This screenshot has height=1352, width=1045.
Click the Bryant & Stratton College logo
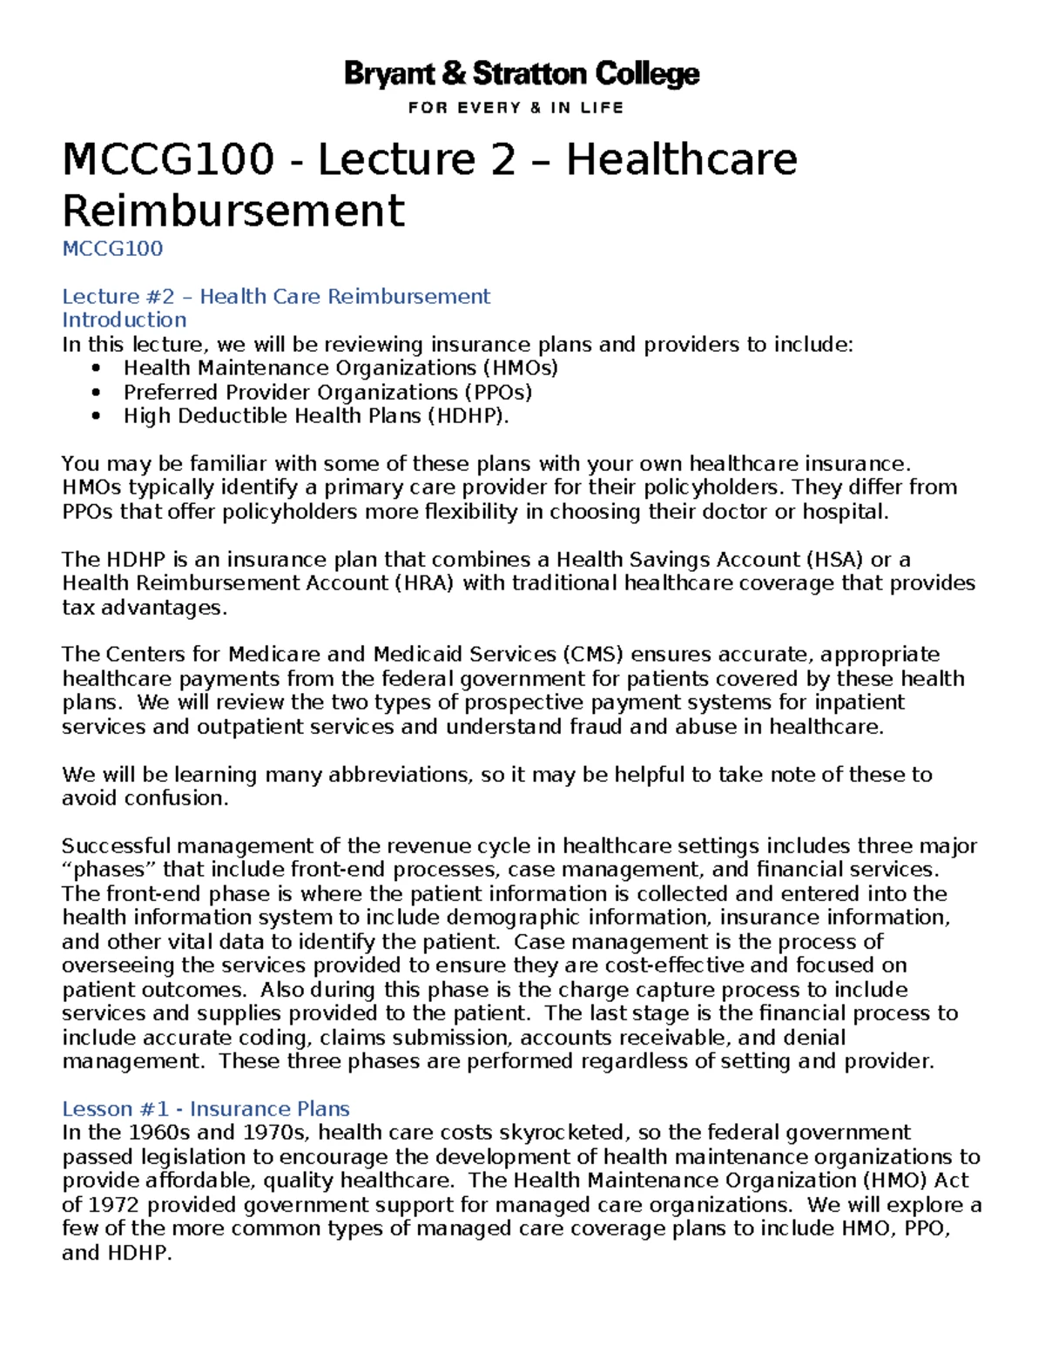522,75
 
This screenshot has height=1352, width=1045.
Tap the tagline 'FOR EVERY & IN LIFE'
516,108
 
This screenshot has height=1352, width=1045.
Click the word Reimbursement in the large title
233,211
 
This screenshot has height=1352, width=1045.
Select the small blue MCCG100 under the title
112,249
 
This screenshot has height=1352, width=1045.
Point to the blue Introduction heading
124,320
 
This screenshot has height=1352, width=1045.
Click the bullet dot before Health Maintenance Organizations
96,368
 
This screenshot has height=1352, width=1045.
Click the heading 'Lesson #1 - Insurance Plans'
206,1109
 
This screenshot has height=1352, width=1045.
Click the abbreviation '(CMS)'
592,655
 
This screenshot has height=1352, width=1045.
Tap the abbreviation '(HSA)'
833,560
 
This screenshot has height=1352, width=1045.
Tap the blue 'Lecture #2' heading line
276,297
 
